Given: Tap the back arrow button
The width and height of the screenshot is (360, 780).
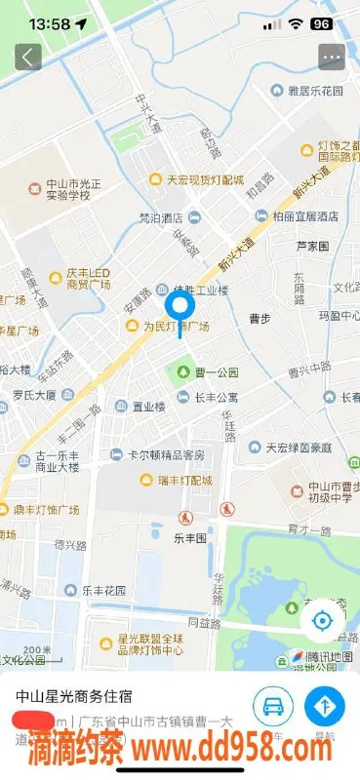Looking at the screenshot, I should point(27,57).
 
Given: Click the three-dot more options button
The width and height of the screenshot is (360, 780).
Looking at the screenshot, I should point(332,57).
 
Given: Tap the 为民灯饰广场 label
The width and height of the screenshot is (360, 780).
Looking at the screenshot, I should point(170,326).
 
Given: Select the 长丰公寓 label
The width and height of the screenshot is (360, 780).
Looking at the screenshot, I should point(209,397).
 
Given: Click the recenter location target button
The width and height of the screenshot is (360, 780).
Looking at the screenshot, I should point(321,621).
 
